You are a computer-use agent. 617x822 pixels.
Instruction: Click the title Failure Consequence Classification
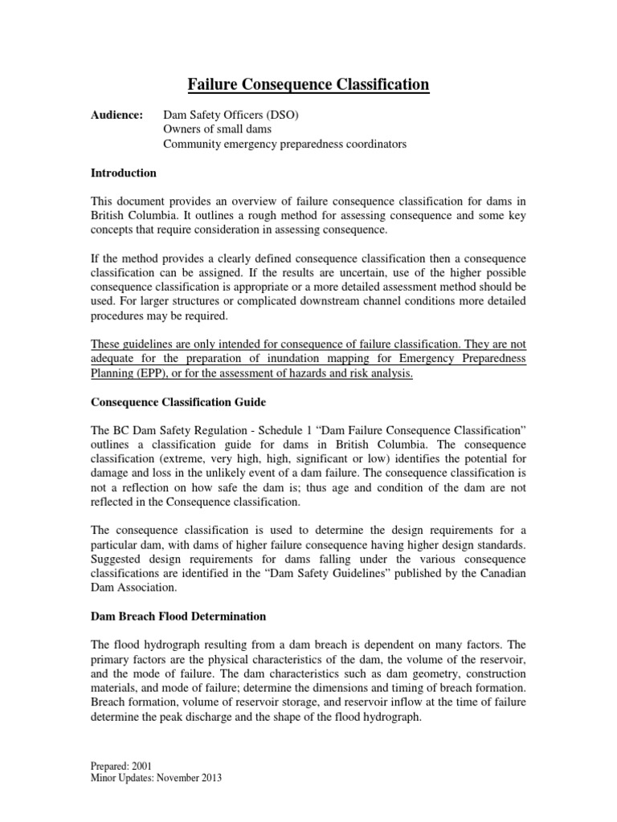(308, 84)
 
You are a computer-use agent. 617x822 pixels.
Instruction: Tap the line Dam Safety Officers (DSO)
(231, 116)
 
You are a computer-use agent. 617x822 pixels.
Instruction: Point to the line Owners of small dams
(217, 130)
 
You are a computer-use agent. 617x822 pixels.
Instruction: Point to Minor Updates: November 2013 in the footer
(155, 778)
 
